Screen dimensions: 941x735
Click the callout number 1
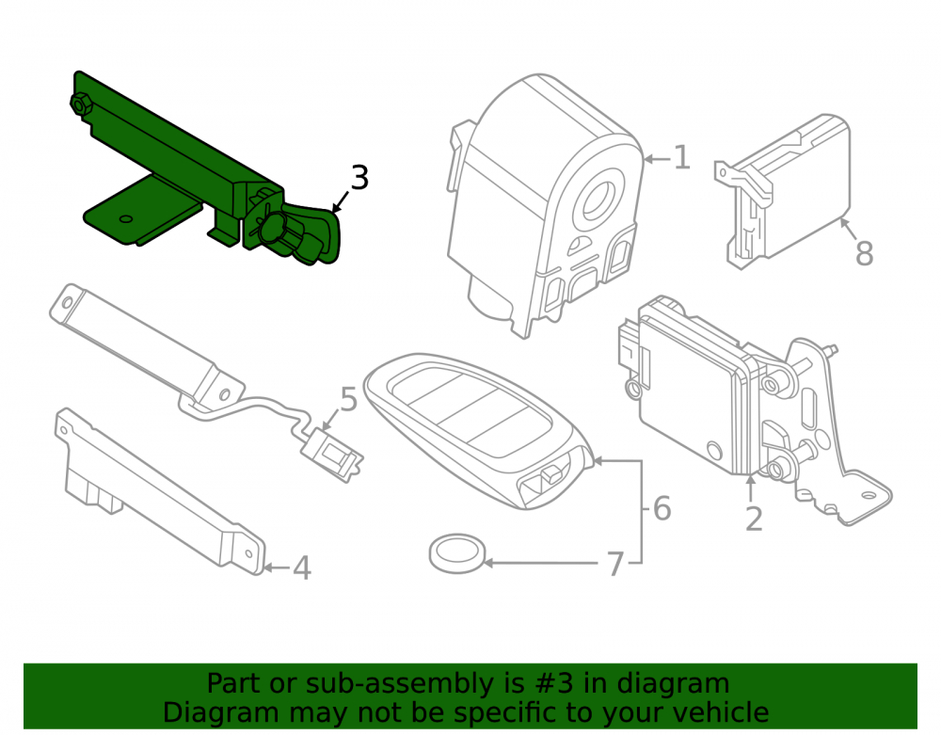tap(681, 158)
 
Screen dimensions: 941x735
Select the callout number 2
tap(754, 519)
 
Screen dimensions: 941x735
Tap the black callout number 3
tap(359, 178)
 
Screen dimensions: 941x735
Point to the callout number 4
tap(302, 567)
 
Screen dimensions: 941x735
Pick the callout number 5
tap(349, 399)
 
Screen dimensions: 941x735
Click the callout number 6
tap(662, 508)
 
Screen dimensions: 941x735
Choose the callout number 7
tap(615, 564)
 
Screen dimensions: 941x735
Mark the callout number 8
tap(864, 253)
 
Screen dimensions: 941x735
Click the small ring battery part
tap(456, 552)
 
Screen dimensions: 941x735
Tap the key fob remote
tap(478, 429)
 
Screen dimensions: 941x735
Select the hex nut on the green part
tap(81, 104)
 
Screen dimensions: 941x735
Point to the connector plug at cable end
tap(332, 455)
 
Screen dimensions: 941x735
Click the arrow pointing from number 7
tap(540, 563)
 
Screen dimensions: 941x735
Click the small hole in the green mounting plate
tap(126, 218)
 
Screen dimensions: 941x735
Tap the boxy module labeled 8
tap(783, 191)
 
